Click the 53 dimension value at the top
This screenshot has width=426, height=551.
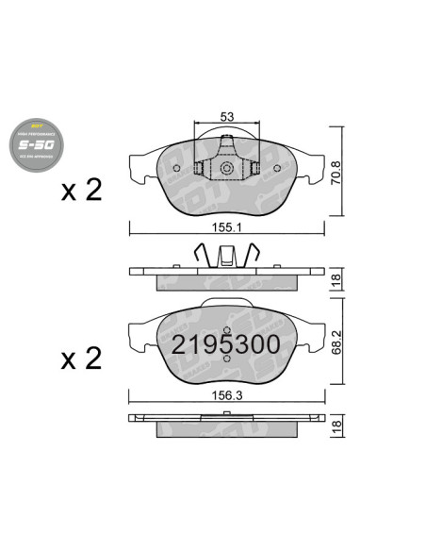(226, 117)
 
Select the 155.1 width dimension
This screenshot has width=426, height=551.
(226, 227)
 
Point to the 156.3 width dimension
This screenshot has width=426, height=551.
(226, 396)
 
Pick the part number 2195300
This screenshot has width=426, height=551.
(225, 345)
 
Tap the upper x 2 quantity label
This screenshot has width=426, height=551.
(81, 192)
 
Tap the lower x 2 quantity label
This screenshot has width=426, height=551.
(81, 359)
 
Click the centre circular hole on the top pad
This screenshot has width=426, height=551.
(226, 169)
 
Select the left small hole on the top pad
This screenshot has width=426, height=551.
(176, 170)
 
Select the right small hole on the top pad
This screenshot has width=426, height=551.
(276, 170)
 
